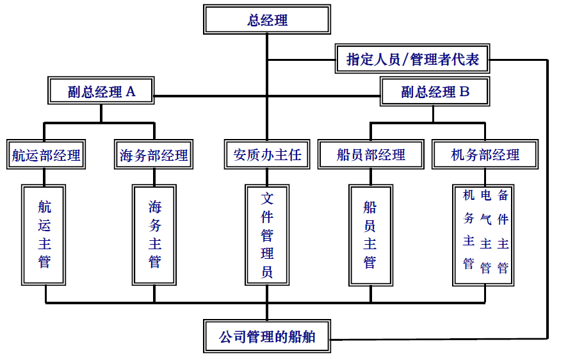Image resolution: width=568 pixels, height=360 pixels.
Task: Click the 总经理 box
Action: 267,20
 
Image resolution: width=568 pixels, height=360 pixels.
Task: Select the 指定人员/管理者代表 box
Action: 413,60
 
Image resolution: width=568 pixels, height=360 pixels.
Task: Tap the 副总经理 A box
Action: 101,92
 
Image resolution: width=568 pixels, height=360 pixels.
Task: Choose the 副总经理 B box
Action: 435,92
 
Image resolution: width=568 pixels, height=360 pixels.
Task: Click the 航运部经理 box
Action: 46,154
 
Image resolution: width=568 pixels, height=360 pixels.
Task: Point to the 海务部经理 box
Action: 154,154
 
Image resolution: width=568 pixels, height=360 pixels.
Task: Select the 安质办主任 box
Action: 267,154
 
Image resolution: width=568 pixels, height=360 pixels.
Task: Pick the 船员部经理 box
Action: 371,154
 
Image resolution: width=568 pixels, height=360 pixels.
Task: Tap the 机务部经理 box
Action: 485,154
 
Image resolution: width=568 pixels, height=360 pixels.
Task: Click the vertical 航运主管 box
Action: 44,234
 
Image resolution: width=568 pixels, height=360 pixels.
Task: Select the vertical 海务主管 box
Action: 154,234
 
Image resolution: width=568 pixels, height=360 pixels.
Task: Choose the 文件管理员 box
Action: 267,234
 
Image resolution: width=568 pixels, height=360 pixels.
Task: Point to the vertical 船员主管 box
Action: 370,234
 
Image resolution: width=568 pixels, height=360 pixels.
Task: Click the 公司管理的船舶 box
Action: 267,336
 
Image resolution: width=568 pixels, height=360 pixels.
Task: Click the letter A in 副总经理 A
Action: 131,92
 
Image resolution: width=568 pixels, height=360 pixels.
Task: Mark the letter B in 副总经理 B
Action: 464,92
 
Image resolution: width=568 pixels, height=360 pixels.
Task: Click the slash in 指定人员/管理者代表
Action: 405,60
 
